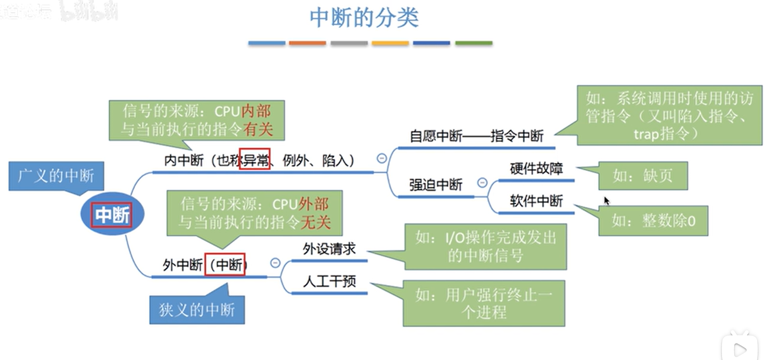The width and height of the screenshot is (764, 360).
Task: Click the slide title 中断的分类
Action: (364, 18)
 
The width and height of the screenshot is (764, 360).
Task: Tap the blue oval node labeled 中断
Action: (112, 214)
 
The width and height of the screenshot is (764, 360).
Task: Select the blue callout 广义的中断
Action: (56, 175)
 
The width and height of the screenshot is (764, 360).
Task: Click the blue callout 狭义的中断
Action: (197, 309)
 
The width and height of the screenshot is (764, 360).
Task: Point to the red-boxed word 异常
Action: (254, 160)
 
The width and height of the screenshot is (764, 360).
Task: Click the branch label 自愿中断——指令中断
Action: (476, 136)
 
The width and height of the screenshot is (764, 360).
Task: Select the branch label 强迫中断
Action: (435, 185)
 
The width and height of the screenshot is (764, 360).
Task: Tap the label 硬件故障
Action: (536, 169)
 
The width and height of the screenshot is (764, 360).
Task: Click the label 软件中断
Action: (536, 201)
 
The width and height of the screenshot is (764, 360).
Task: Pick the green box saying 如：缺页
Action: (643, 175)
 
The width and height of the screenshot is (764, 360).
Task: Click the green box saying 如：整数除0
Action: (653, 221)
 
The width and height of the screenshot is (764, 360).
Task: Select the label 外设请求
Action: (329, 249)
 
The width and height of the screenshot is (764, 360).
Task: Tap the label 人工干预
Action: (329, 281)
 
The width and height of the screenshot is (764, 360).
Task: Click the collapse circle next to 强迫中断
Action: (482, 183)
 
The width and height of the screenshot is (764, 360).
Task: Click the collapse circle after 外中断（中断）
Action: (275, 263)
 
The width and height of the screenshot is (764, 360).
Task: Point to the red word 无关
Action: (315, 222)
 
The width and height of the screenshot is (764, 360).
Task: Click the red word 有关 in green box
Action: (257, 129)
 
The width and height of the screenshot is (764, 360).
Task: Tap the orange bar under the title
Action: (307, 43)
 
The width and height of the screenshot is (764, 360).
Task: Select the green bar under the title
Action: (474, 43)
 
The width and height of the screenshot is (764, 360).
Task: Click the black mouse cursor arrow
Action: (606, 200)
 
